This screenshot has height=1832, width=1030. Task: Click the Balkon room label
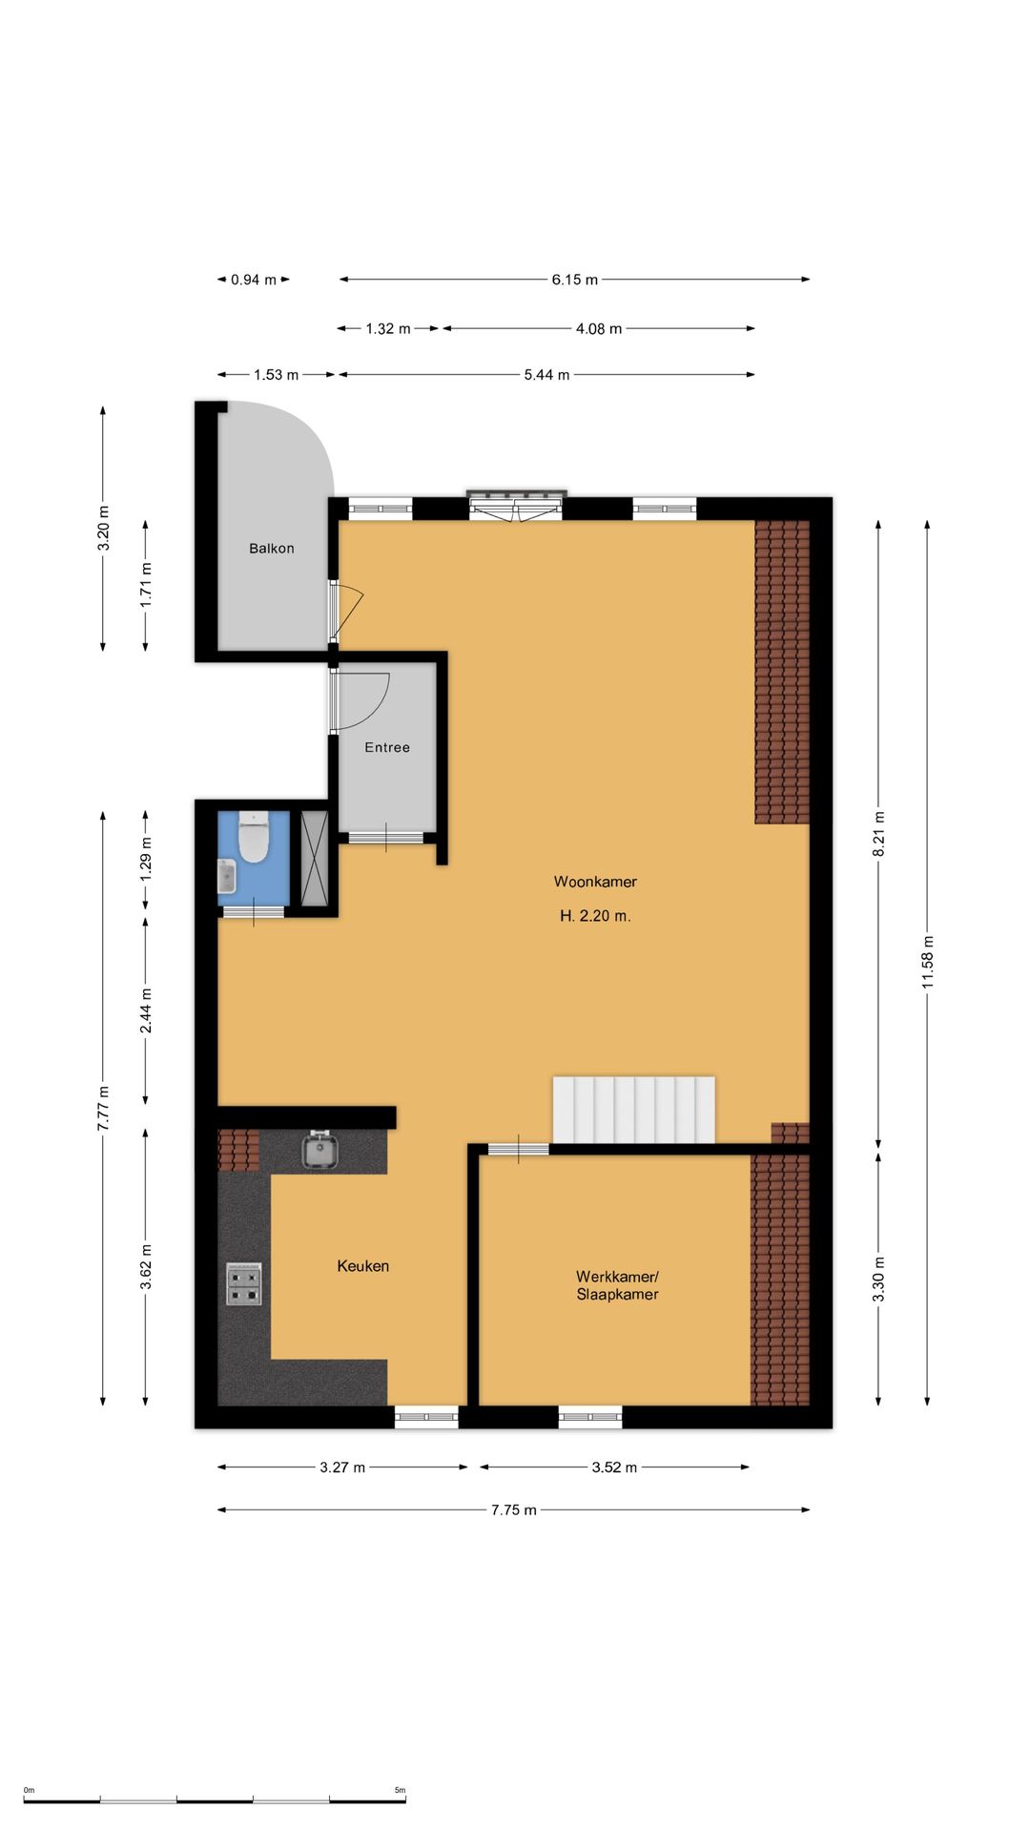(x=272, y=549)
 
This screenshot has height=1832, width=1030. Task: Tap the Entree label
(x=387, y=747)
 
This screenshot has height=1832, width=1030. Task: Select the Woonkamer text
(x=595, y=882)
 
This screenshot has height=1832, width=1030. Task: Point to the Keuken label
(x=363, y=1266)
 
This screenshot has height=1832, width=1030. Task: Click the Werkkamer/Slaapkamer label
(x=617, y=1285)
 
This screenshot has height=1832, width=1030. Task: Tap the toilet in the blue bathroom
(x=254, y=837)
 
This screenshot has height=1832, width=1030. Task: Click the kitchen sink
(x=320, y=1150)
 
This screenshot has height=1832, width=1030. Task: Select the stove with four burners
(x=243, y=1283)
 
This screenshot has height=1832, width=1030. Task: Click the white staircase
(x=634, y=1110)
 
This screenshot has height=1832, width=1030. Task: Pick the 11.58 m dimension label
(x=928, y=962)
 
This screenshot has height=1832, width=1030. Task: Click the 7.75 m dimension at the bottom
(x=514, y=1509)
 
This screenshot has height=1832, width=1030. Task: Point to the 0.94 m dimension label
(x=254, y=280)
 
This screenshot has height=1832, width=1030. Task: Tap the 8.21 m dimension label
(x=879, y=834)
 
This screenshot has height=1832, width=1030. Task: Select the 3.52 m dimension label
(x=614, y=1467)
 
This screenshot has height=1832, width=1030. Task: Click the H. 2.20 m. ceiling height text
(x=595, y=916)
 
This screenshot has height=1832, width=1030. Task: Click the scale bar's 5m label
(x=401, y=1790)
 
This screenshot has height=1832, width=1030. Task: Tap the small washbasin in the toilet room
(x=226, y=875)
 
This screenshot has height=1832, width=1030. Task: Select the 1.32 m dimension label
(x=388, y=328)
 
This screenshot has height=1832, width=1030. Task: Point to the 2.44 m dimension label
(x=146, y=1011)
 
